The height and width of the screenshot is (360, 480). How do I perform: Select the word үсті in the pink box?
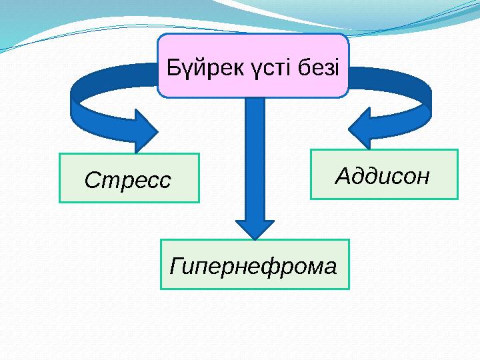pos(271,67)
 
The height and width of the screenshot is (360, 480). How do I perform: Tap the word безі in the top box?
pos(319,67)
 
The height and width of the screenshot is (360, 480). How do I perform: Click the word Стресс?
pos(128,179)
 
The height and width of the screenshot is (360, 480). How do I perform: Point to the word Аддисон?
pos(383,176)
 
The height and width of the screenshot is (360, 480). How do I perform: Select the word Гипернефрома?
pos(254,266)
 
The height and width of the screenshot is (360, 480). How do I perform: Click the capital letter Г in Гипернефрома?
pos(176,265)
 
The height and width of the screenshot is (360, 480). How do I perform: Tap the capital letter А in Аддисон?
pos(341,176)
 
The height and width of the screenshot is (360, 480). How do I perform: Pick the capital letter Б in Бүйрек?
pos(173,67)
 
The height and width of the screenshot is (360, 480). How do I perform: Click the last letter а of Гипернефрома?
pos(329,266)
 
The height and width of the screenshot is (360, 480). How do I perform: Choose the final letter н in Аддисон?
pos(422,176)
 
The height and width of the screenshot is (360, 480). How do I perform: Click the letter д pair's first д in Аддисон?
pos(355,176)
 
